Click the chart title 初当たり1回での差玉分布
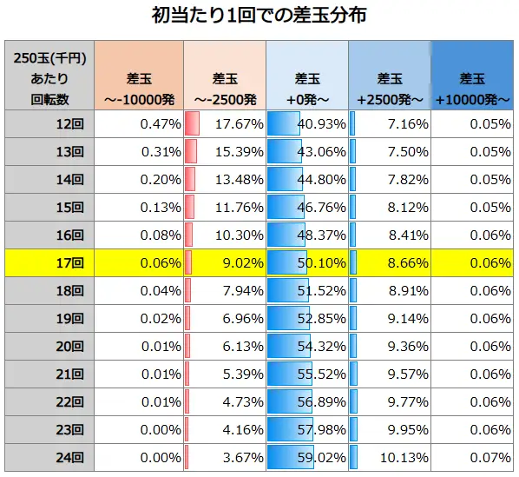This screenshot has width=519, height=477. click(x=259, y=17)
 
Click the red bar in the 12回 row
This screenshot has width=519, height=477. click(x=193, y=123)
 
